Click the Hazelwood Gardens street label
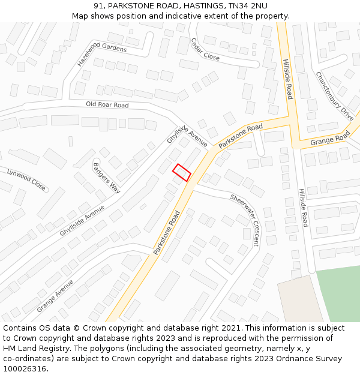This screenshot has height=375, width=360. pyautogui.click(x=101, y=54)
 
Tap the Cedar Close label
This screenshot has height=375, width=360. pyautogui.click(x=205, y=49)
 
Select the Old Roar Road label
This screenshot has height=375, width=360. pyautogui.click(x=107, y=105)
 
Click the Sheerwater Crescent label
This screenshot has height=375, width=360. pyautogui.click(x=245, y=220)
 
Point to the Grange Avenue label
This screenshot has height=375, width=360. pyautogui.click(x=55, y=296)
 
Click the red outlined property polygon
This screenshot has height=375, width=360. pyautogui.click(x=182, y=172)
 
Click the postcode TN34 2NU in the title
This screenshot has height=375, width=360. pyautogui.click(x=247, y=5)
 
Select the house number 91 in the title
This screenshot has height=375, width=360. pyautogui.click(x=99, y=5)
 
